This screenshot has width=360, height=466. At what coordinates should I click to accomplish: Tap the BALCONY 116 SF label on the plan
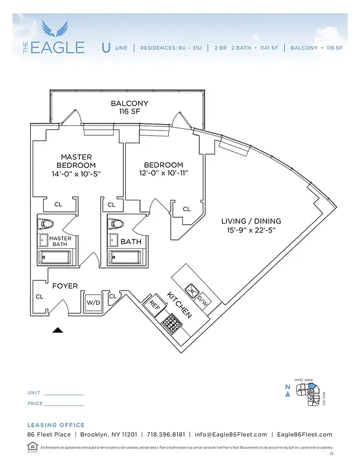[129, 107]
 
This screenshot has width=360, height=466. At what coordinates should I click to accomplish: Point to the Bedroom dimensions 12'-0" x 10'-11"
[156, 174]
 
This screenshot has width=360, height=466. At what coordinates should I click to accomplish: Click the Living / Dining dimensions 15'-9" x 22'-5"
[251, 230]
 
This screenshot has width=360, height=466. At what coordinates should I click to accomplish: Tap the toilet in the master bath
[46, 224]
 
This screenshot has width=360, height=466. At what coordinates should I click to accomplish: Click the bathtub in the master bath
[55, 256]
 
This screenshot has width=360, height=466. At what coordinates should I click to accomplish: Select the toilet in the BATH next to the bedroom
[117, 224]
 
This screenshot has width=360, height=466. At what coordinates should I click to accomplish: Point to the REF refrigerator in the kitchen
[154, 304]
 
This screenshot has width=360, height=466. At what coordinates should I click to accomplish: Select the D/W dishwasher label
[202, 301]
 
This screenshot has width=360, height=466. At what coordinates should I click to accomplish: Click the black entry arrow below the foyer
[57, 330]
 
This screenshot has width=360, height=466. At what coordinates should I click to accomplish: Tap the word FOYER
[65, 286]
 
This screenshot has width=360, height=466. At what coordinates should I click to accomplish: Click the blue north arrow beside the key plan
[288, 394]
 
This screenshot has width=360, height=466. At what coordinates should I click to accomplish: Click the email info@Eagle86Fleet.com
[231, 435]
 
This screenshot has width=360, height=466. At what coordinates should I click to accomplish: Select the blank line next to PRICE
[64, 404]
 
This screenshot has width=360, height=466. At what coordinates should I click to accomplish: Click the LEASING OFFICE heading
[56, 425]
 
